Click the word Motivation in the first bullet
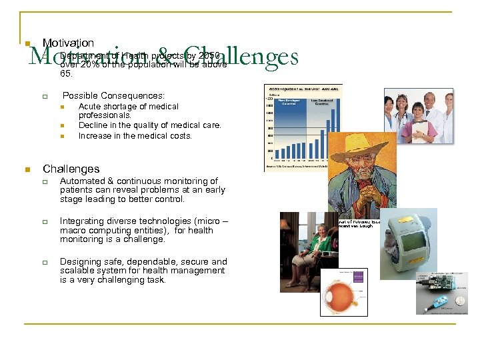(68, 43)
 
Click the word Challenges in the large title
(241, 57)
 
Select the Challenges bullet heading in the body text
(71, 169)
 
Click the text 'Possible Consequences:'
(113, 95)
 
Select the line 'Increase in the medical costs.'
(135, 135)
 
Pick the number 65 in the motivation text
(67, 75)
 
